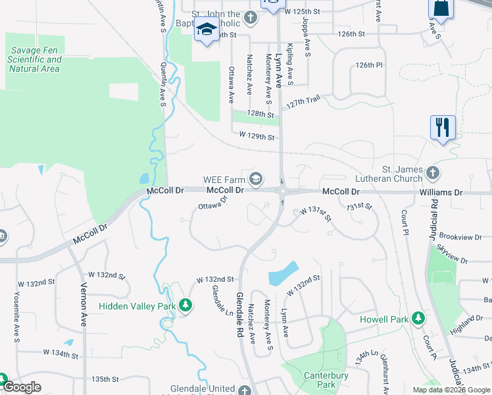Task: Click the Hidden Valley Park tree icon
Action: click(x=186, y=305)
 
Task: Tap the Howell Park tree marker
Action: click(x=417, y=319)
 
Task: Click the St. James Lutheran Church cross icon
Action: click(x=432, y=173)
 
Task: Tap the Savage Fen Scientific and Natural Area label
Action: click(x=35, y=59)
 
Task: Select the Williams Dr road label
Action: click(x=441, y=192)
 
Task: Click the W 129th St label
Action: click(x=256, y=136)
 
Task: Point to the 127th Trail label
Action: click(x=303, y=101)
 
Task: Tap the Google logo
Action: click(x=22, y=387)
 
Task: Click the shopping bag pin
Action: click(x=441, y=9)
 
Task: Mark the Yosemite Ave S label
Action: click(x=17, y=309)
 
